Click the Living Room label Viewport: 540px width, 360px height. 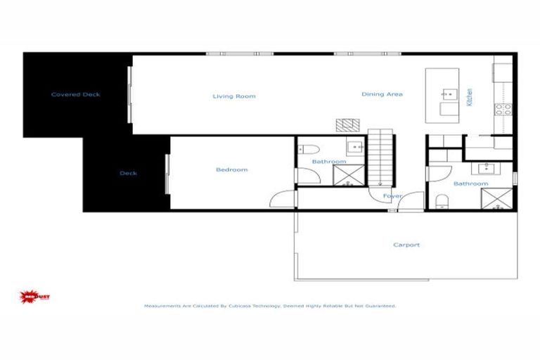[x=234, y=96]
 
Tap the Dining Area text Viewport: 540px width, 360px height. [x=382, y=94]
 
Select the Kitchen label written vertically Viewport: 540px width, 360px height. [x=470, y=96]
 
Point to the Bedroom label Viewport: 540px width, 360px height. [x=231, y=169]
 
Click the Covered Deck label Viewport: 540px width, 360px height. [x=75, y=94]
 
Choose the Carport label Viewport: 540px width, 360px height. [x=406, y=245]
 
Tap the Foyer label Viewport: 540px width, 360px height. [x=392, y=196]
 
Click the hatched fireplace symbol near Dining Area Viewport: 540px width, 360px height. [x=346, y=124]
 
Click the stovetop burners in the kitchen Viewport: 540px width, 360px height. [x=503, y=109]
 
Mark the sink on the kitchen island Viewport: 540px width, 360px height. [x=449, y=93]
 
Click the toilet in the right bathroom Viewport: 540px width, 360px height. [x=442, y=202]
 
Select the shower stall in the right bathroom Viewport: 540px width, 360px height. [x=500, y=199]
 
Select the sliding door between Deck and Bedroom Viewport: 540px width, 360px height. [x=167, y=174]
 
